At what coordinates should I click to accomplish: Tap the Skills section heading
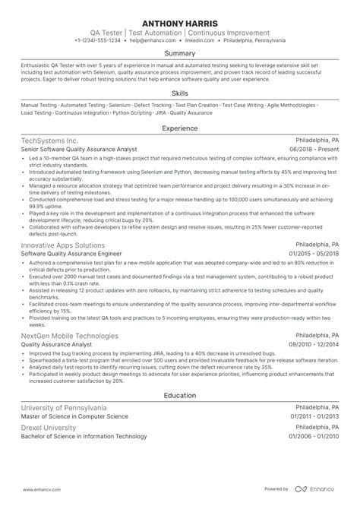click(x=180, y=91)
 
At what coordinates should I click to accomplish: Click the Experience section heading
click(x=180, y=128)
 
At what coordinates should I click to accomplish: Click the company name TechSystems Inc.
click(x=50, y=141)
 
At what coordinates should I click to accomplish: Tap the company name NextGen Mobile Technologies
click(x=70, y=335)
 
